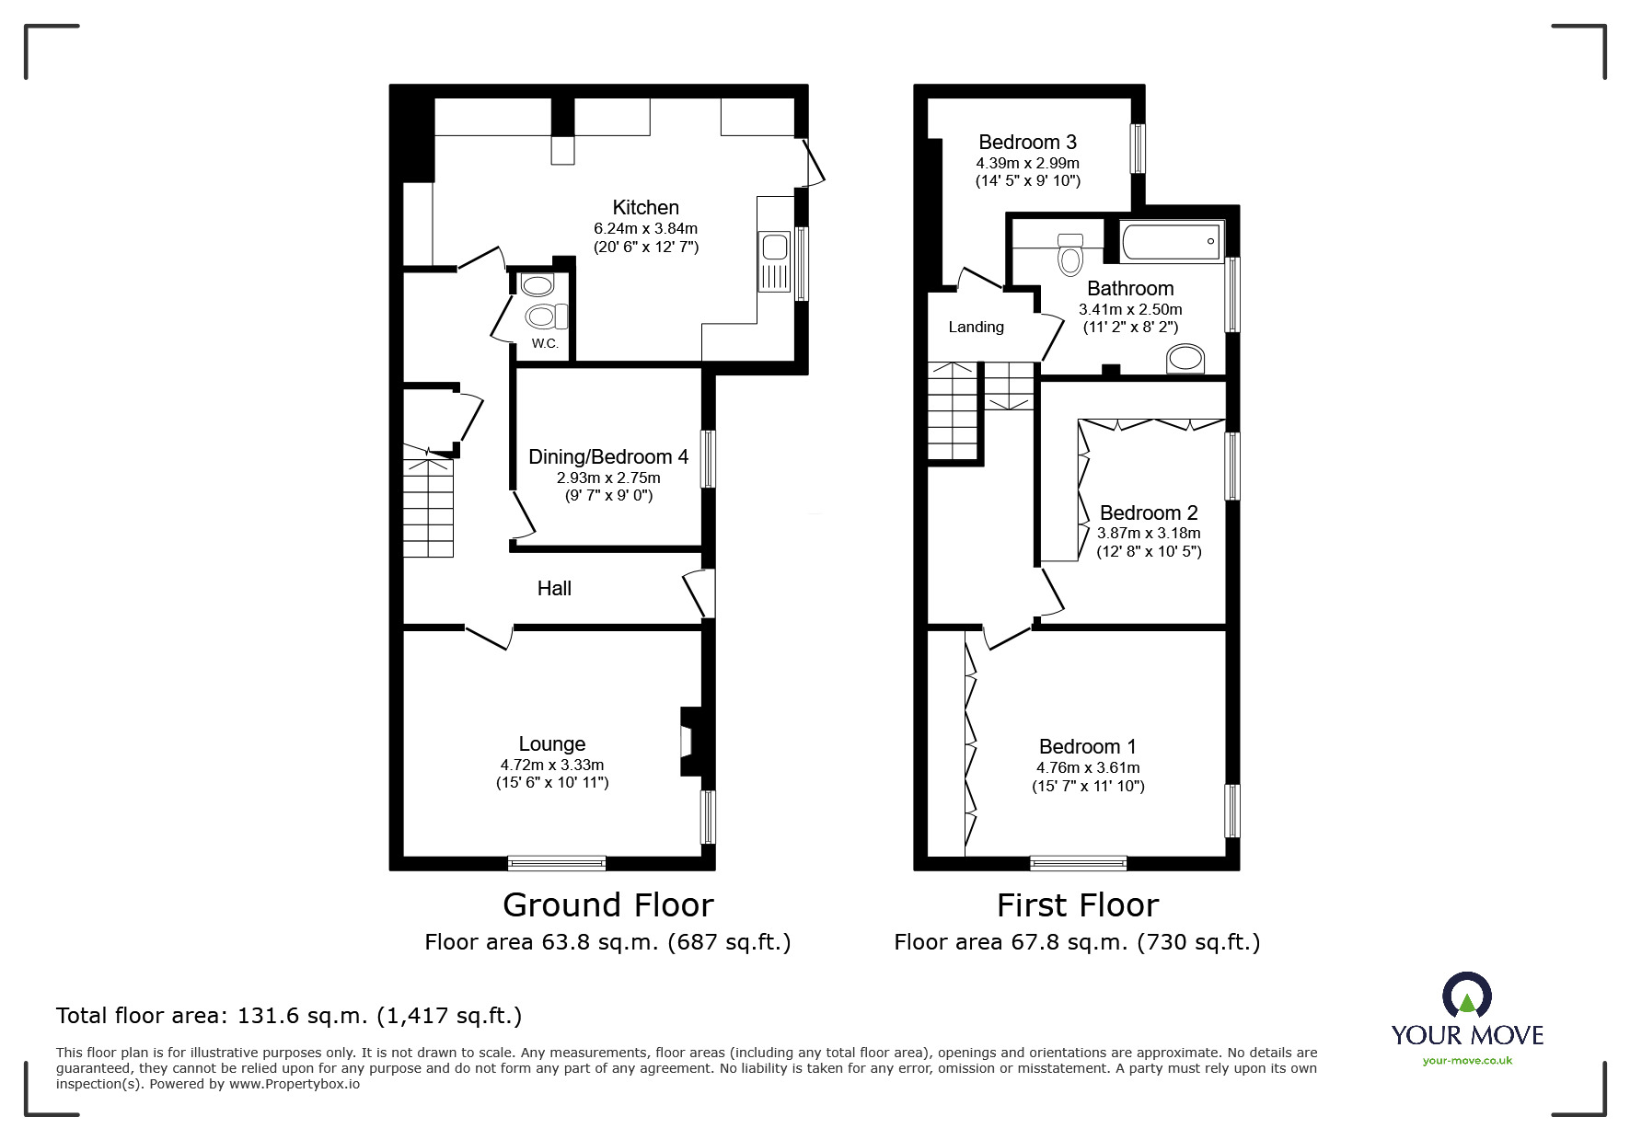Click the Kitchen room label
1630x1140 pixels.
tap(646, 208)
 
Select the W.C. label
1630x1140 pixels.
tap(545, 344)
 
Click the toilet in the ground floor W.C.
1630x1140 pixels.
tap(547, 317)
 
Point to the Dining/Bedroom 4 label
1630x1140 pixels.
tap(608, 457)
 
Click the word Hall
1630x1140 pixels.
tap(554, 589)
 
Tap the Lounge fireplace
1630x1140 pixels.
tap(689, 741)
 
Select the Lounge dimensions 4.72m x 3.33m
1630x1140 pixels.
tap(552, 765)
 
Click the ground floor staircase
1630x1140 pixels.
tap(429, 502)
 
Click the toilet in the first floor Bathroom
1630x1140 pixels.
tap(1070, 254)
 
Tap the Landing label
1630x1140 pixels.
tap(977, 328)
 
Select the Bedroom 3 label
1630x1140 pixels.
tap(1027, 143)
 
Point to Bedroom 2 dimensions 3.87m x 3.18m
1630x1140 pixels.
tap(1149, 534)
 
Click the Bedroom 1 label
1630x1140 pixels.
tap(1088, 747)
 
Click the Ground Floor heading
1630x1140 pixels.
tap(608, 905)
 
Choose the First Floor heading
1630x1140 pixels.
tap(1078, 905)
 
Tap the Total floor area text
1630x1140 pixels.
tap(289, 1016)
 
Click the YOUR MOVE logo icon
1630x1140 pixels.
tap(1466, 996)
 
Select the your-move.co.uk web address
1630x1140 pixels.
tap(1467, 1061)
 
